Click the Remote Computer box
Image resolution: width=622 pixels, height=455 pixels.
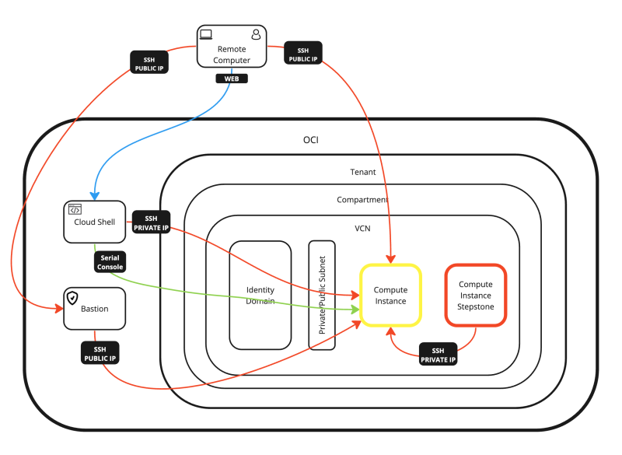[231, 49]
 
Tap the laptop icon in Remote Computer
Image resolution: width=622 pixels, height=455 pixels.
[206, 34]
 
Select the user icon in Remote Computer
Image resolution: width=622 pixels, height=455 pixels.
[256, 34]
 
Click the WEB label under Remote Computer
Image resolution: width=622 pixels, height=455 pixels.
[231, 79]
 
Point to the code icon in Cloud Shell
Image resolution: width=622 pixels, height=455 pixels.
[75, 209]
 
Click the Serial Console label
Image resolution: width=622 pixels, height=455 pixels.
[109, 261]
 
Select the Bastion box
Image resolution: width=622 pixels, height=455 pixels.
[94, 308]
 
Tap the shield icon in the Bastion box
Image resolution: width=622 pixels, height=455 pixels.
[72, 297]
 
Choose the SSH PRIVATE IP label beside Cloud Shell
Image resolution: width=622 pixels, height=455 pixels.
[151, 223]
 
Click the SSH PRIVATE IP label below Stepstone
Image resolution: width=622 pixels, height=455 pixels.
[438, 355]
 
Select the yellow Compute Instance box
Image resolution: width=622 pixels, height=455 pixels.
[390, 295]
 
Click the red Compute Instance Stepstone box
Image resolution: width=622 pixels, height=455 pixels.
[475, 295]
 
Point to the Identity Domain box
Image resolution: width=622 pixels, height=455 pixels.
[260, 295]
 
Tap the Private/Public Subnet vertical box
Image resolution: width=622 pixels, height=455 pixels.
[321, 295]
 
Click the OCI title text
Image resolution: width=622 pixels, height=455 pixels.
[310, 140]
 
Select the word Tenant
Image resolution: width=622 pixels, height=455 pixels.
[364, 171]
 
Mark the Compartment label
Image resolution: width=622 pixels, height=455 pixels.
[362, 200]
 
